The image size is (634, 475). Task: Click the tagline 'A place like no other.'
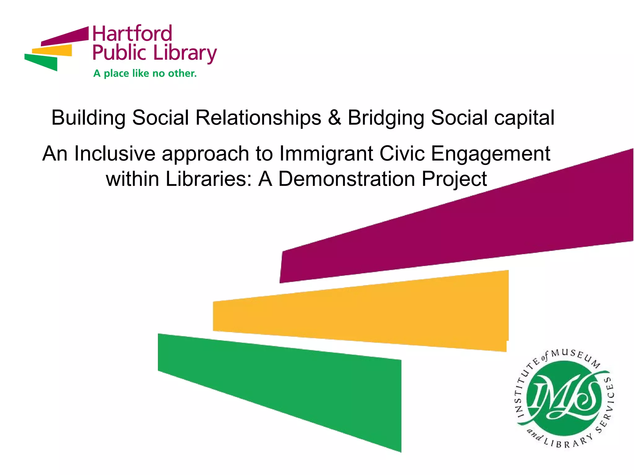click(x=145, y=74)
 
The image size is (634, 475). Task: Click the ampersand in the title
click(x=334, y=118)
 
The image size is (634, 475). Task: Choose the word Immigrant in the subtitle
click(x=326, y=154)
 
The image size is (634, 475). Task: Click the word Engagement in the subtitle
click(x=490, y=154)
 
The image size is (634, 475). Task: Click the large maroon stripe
click(x=464, y=229)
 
